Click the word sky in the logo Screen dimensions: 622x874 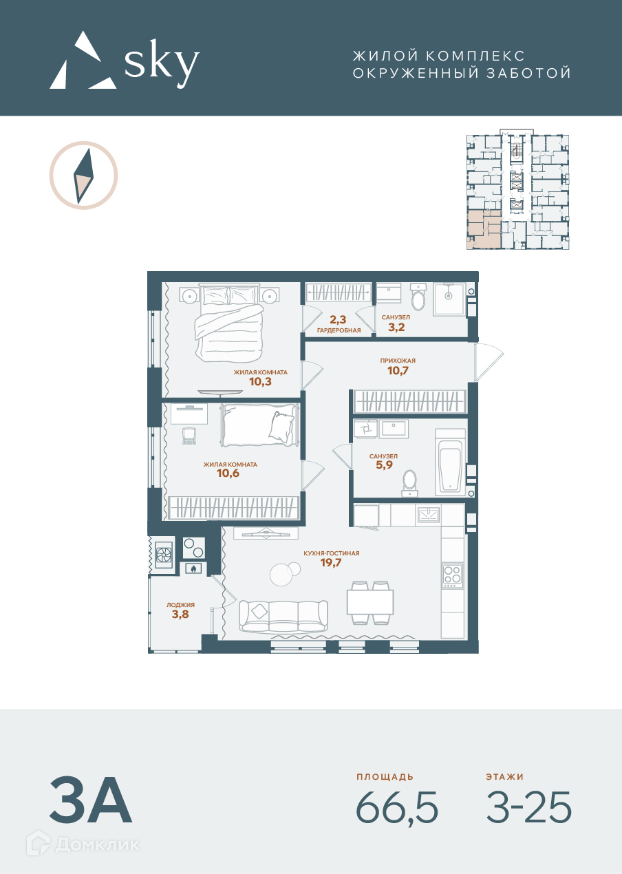point(162,63)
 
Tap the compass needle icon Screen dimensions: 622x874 point(83,175)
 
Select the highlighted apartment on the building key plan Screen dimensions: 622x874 point(484,229)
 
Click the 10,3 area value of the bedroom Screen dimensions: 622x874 point(260,381)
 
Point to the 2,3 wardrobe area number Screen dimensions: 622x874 point(338,320)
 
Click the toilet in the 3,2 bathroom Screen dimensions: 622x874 point(418,297)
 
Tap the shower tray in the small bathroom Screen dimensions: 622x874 point(449,299)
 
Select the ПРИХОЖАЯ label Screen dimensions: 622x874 point(398,361)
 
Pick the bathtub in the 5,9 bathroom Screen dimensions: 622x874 point(450,462)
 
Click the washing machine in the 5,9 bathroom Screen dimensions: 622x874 point(365,429)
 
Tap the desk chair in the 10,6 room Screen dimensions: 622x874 point(189,436)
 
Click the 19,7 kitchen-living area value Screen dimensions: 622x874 point(331,562)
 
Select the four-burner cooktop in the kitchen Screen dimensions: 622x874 point(453,575)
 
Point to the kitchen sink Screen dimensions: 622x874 point(429,515)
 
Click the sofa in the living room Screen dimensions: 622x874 point(283,616)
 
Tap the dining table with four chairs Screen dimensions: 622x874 point(370,603)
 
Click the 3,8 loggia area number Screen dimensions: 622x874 point(180,614)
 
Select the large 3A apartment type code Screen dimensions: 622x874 point(91,800)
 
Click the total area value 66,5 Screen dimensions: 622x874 point(397,807)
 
